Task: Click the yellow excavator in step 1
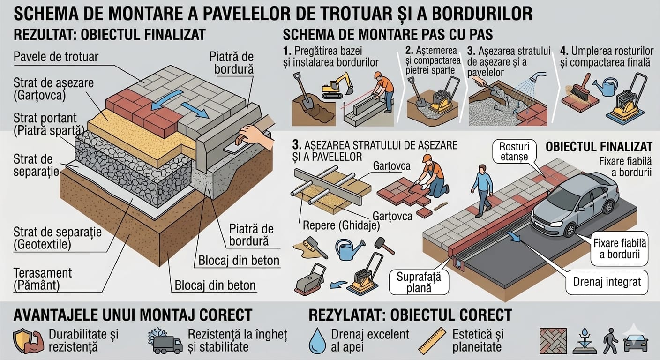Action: [337, 85]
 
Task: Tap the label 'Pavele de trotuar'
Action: [56, 57]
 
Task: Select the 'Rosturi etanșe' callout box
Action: [514, 151]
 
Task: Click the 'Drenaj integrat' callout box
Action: [607, 282]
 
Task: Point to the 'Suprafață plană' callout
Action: [419, 282]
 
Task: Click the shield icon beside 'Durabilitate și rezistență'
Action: [25, 341]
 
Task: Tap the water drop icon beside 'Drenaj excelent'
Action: [317, 341]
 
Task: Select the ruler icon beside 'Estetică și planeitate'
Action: [432, 341]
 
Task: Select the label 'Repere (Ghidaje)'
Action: [341, 225]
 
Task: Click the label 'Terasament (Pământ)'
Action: [43, 279]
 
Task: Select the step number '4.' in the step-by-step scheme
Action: [564, 51]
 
